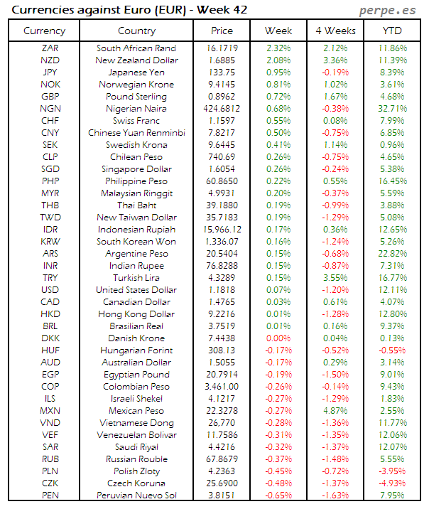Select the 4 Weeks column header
coord(335,31)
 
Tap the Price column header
coord(222,31)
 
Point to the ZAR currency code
coord(50,48)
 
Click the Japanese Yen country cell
coord(136,73)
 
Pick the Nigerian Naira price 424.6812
coord(222,109)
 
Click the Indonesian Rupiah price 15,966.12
coord(222,230)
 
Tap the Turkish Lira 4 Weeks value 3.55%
coord(335,278)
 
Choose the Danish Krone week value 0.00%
coord(278,338)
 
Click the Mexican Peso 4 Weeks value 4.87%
coord(335,411)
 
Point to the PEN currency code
coord(50,495)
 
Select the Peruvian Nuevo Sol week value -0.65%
coord(278,495)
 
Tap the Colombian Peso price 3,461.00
coord(222,387)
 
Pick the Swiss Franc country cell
coord(136,121)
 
